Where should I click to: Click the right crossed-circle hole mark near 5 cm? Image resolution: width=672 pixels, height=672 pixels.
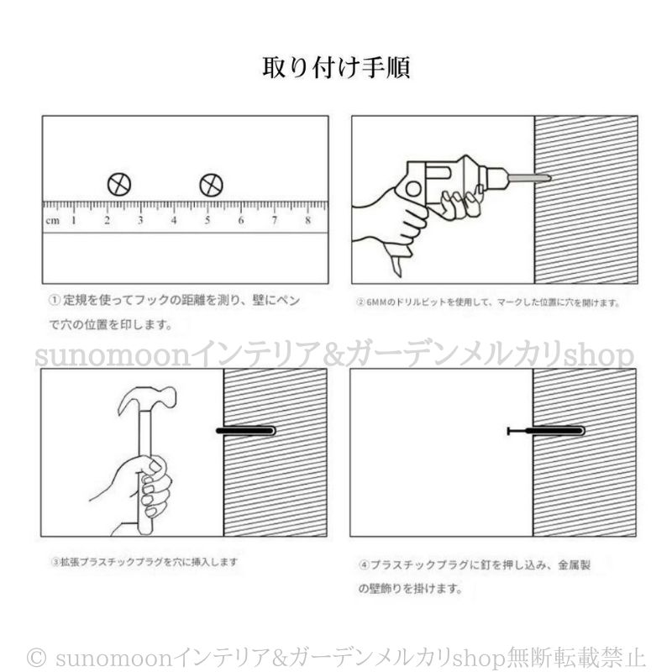tap(211, 185)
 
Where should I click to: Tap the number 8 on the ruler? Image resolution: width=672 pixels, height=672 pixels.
tap(308, 221)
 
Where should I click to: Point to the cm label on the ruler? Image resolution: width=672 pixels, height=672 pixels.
tap(52, 221)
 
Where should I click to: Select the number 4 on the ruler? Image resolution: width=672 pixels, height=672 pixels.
tap(174, 221)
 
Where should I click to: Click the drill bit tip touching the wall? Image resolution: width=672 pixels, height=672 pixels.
tap(544, 177)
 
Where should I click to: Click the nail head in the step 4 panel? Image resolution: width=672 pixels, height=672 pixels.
tap(509, 432)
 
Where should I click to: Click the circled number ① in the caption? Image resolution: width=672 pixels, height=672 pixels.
tap(53, 300)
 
